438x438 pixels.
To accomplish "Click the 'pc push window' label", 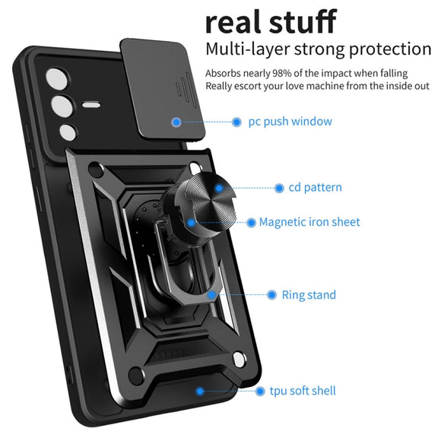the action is (x=290, y=122).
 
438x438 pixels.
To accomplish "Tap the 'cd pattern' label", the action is (x=315, y=187).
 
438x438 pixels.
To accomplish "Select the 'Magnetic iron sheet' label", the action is (x=309, y=222).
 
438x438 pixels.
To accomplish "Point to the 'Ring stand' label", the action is (x=309, y=295).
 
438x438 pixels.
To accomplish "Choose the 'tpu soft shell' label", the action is (x=303, y=391).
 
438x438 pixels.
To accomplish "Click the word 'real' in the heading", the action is (x=234, y=22).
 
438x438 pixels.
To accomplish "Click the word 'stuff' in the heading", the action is (x=303, y=21).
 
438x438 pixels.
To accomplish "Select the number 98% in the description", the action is (x=282, y=73).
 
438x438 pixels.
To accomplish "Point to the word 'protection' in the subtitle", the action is (x=390, y=49).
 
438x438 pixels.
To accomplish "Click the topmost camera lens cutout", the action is (x=57, y=79).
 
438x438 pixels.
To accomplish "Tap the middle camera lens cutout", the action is (x=62, y=106).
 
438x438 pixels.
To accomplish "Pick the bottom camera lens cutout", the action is (x=68, y=132).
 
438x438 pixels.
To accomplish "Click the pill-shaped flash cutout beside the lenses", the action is (x=90, y=105).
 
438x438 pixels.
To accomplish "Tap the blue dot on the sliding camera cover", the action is (x=176, y=122).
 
